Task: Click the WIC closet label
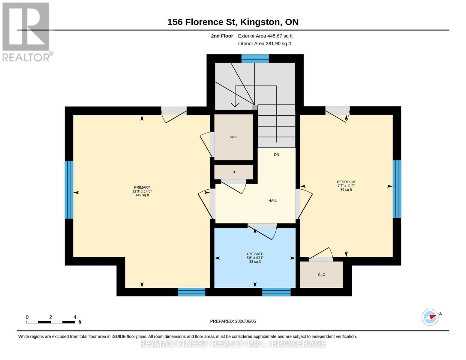pyautogui.click(x=233, y=137)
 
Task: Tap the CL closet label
pyautogui.click(x=233, y=172)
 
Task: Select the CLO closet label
pyautogui.click(x=321, y=275)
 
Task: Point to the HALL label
pyautogui.click(x=273, y=200)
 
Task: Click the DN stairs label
pyautogui.click(x=276, y=154)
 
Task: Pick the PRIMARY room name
pyautogui.click(x=142, y=187)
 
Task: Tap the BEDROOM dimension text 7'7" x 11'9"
pyautogui.click(x=346, y=186)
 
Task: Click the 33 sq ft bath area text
pyautogui.click(x=255, y=262)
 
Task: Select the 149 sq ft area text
pyautogui.click(x=142, y=195)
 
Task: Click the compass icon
pyautogui.click(x=430, y=317)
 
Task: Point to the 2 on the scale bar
pyautogui.click(x=51, y=317)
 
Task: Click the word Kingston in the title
pyautogui.click(x=260, y=22)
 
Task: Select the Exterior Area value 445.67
pyautogui.click(x=273, y=36)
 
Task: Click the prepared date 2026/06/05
pyautogui.click(x=245, y=321)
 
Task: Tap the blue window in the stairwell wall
pyautogui.click(x=255, y=58)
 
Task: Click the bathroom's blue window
pyautogui.click(x=276, y=292)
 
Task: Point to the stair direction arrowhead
pyautogui.click(x=235, y=105)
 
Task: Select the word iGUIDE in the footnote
pyautogui.click(x=119, y=337)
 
